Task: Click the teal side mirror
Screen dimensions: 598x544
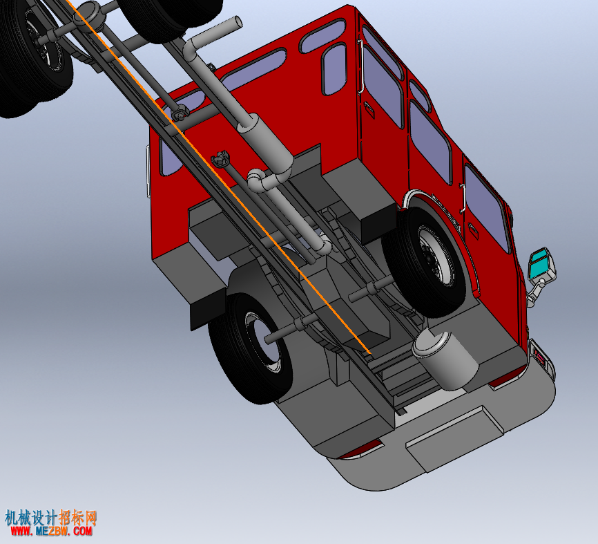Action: click(541, 264)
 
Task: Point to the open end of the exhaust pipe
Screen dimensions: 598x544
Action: click(238, 23)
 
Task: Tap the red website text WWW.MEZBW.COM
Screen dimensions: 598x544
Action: click(51, 531)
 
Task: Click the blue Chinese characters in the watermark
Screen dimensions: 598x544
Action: click(30, 518)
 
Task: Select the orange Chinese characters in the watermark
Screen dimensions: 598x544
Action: click(78, 518)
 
